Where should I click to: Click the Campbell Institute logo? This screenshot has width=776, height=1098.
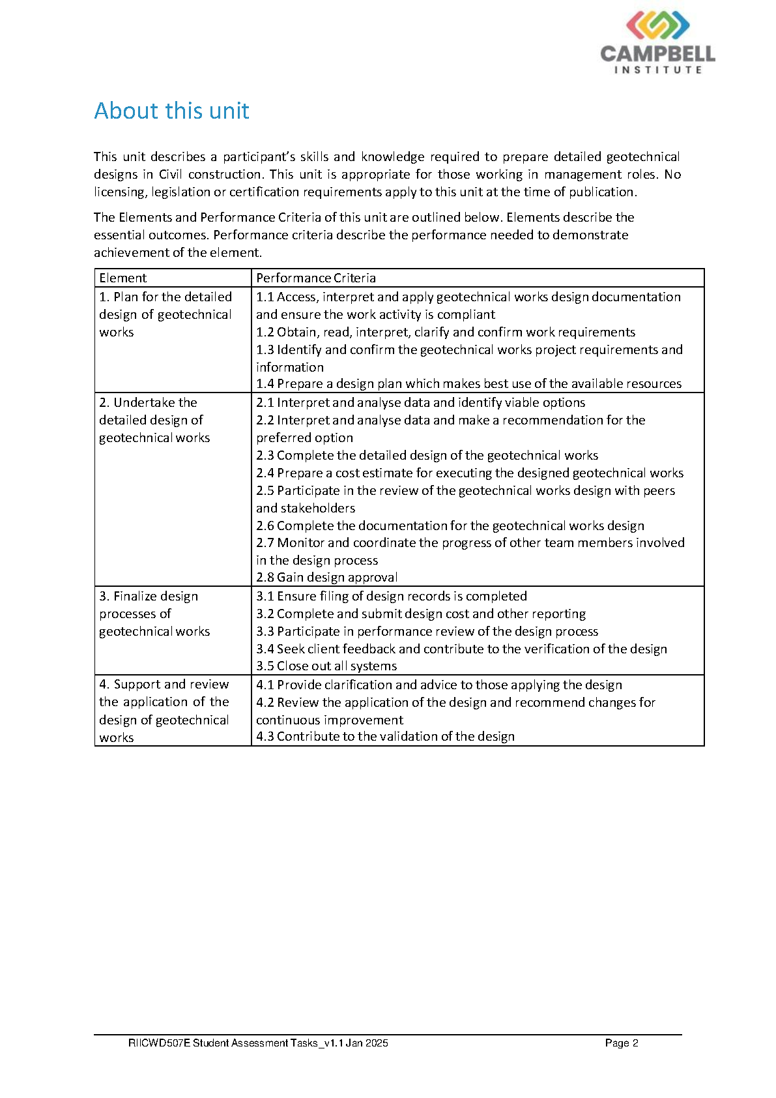657,42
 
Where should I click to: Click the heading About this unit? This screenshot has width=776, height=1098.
171,111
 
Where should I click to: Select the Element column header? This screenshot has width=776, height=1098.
123,278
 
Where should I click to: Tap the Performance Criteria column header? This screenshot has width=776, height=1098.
316,278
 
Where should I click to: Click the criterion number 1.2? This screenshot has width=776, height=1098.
265,332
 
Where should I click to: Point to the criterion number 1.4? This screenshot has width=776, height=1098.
265,383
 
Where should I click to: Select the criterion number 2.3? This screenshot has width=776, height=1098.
265,455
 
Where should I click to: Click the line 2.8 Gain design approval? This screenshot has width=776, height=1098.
326,577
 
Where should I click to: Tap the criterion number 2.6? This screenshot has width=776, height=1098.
265,526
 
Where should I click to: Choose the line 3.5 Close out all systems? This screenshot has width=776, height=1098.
326,666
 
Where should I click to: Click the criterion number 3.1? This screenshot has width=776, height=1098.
265,596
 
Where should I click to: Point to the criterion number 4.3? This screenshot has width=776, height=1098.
265,736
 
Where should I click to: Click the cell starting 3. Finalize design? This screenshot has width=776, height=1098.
154,614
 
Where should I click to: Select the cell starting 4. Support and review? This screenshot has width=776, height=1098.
164,711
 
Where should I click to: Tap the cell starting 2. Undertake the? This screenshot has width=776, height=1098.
154,420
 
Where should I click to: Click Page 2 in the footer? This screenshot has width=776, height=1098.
621,1043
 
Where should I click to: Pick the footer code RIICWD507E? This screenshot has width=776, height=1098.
159,1043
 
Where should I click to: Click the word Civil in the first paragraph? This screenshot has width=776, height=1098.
170,174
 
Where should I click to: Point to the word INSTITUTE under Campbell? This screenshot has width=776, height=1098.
658,70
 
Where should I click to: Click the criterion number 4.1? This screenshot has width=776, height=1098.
265,685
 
